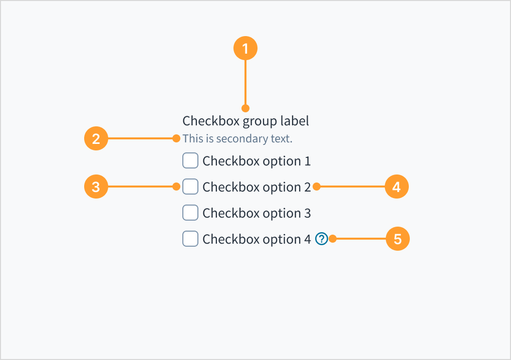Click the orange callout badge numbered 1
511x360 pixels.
point(245,49)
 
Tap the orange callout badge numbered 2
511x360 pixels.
point(96,138)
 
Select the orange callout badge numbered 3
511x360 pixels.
point(96,187)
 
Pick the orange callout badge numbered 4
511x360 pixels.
point(397,187)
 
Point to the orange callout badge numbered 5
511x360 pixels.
point(397,239)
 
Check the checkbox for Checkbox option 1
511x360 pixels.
point(190,161)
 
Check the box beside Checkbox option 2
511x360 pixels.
point(190,187)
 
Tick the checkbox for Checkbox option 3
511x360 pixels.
point(190,213)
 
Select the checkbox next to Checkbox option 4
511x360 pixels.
point(190,239)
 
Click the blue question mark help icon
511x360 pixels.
point(321,239)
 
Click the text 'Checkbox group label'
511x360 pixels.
point(245,121)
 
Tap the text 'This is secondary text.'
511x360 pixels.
point(237,138)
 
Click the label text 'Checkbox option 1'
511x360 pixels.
point(257,161)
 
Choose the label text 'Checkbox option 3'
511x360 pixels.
point(257,213)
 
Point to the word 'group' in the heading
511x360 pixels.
point(257,121)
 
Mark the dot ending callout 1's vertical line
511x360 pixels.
point(245,108)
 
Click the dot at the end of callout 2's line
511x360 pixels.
point(176,138)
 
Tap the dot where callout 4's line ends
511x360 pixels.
point(316,187)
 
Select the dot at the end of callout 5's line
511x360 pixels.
point(332,239)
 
